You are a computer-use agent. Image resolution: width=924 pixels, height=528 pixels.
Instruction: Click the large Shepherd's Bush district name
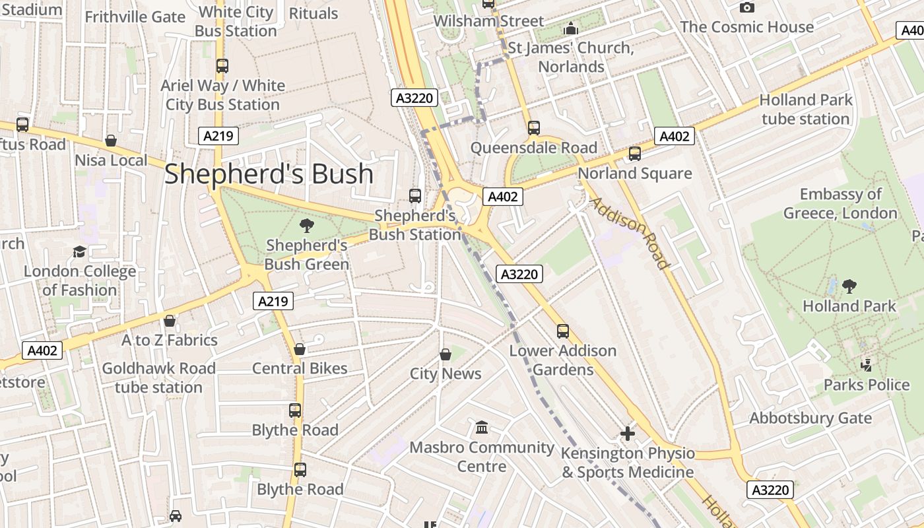pos(269,174)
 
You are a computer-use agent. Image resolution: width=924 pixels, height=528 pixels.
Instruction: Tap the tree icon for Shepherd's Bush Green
pos(307,226)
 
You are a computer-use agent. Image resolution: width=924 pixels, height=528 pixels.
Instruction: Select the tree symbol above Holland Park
pos(849,286)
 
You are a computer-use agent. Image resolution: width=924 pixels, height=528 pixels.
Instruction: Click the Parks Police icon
pos(867,365)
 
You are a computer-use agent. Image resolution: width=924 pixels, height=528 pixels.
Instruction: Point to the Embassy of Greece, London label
pos(840,204)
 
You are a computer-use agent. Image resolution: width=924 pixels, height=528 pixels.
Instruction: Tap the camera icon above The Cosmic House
pos(747,7)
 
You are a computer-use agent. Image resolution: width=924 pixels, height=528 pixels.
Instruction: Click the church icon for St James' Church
pos(571,29)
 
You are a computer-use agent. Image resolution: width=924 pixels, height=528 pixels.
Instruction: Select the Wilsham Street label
pos(488,21)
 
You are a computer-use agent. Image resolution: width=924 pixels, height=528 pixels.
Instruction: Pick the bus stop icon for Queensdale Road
pos(533,128)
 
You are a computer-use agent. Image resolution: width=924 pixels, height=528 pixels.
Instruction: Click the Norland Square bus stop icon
pos(635,154)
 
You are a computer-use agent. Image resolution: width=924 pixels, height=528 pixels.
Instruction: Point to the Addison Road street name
pos(630,232)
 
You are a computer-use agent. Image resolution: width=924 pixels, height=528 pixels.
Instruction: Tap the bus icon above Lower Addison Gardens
pos(563,331)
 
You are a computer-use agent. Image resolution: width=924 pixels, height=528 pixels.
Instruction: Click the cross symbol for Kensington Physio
pos(628,434)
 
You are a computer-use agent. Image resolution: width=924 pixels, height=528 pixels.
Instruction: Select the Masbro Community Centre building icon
pos(482,428)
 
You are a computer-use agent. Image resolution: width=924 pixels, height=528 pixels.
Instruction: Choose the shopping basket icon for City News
pos(445,354)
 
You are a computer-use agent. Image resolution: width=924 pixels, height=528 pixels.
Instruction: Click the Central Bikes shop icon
pos(300,348)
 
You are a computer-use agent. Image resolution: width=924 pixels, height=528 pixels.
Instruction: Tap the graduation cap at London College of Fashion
pos(80,251)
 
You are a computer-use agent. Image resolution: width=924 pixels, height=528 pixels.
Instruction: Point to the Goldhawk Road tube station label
pos(158,378)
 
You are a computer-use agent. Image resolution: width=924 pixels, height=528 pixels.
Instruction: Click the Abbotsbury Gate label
pos(810,418)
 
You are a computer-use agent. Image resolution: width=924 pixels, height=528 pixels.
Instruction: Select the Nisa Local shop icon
pos(111,141)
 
